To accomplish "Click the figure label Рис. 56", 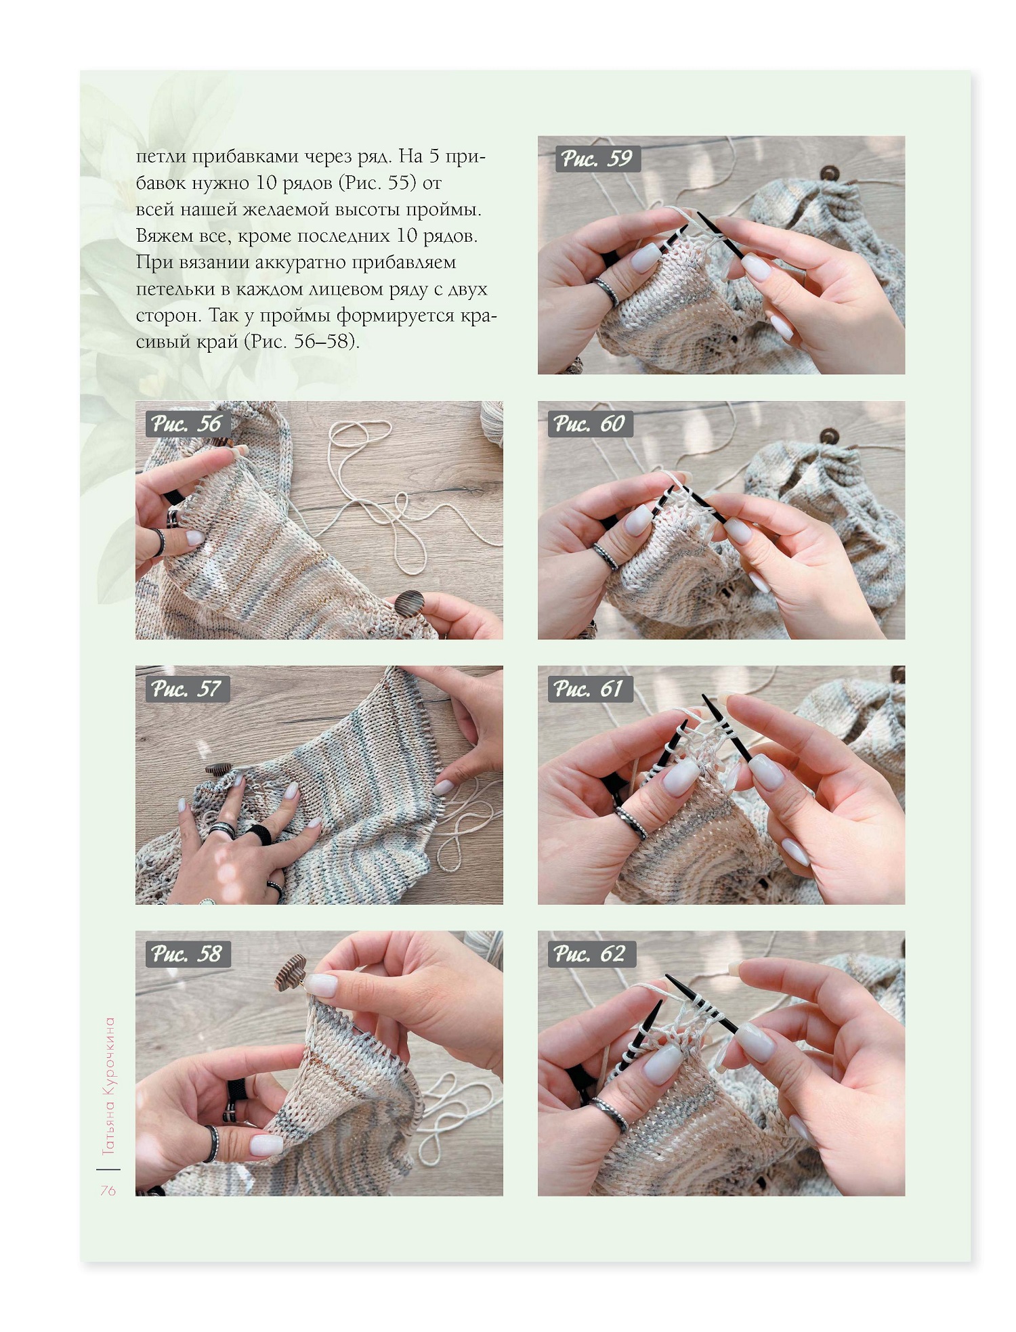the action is (x=187, y=424).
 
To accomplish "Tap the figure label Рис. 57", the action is (x=187, y=689).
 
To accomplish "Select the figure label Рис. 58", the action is (x=187, y=954).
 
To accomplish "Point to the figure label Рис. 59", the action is (x=597, y=158).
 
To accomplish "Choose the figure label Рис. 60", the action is (x=589, y=424).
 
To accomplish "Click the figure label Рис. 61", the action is (x=589, y=689).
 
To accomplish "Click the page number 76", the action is (x=108, y=1190).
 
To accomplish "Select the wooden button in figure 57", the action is (x=219, y=769).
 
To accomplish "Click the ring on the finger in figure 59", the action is (x=606, y=291).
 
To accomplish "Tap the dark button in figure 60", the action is (x=828, y=435).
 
